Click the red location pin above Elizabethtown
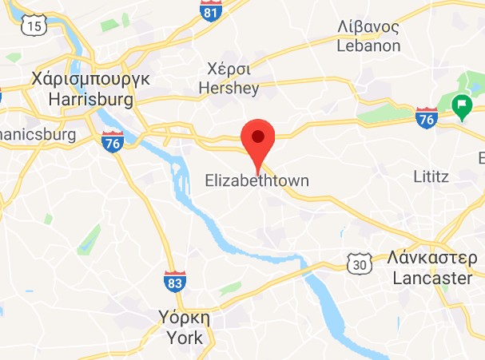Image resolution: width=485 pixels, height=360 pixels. (257, 140)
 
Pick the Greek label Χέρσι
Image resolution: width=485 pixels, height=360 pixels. (229, 69)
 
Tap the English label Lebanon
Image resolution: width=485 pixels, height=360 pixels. (368, 45)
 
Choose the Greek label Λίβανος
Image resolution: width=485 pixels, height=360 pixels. (368, 27)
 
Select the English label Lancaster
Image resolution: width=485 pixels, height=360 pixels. (433, 279)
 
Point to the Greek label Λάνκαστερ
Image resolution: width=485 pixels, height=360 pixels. (433, 260)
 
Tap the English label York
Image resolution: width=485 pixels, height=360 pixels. (185, 338)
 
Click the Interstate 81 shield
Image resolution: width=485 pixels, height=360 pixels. (210, 11)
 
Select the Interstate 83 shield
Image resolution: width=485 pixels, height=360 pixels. (176, 282)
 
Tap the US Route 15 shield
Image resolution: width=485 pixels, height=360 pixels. (33, 26)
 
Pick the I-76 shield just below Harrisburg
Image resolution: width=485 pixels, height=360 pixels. (113, 143)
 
